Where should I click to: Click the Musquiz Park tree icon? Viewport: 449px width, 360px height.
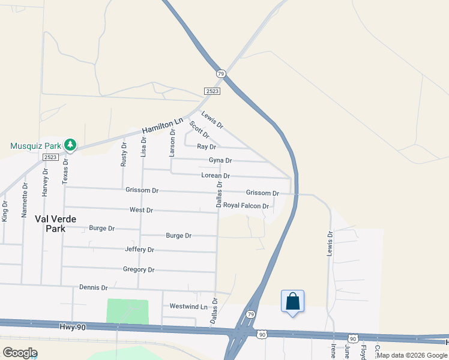coord(70,145)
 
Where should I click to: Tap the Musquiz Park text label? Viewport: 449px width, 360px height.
coord(36,146)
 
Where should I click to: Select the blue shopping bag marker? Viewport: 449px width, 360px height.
coord(292,301)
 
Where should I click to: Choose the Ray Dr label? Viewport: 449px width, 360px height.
coord(206,146)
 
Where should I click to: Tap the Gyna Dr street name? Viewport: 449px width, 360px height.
coord(220,160)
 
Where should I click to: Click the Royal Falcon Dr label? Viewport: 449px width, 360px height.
coord(246,205)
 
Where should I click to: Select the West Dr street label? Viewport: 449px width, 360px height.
coord(142,211)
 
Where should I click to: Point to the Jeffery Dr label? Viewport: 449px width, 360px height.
coord(139,250)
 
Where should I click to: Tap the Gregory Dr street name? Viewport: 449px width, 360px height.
coord(138,270)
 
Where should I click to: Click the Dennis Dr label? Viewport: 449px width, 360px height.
coord(93,288)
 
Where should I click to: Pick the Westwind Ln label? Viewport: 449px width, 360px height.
coord(184,306)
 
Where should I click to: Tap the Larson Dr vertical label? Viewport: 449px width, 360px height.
coord(172,143)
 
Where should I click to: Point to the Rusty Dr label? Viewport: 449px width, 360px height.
coord(124,154)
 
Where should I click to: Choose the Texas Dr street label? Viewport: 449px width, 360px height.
coord(65,170)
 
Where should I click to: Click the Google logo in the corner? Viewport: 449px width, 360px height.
coord(20,353)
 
